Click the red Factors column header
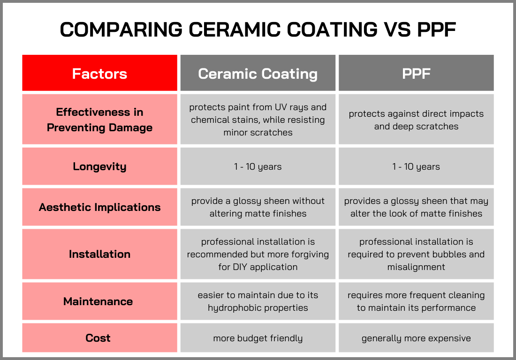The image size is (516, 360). click(99, 74)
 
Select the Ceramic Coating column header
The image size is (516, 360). click(258, 74)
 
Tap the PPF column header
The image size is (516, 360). click(416, 74)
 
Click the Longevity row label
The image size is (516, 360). click(99, 166)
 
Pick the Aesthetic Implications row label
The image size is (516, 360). click(99, 207)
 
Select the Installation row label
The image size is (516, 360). click(99, 254)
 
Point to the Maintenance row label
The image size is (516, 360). click(98, 301)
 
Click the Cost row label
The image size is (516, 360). click(98, 338)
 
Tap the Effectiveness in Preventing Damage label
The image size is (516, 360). click(99, 120)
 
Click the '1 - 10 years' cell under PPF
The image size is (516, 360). click(416, 166)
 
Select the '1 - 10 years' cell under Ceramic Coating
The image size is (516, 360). click(258, 166)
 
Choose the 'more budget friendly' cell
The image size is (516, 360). click(258, 338)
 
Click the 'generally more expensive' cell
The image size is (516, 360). click(416, 338)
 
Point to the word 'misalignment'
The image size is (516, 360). click(416, 267)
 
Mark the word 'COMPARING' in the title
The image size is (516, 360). click(121, 30)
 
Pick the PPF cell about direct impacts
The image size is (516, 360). click(416, 120)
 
